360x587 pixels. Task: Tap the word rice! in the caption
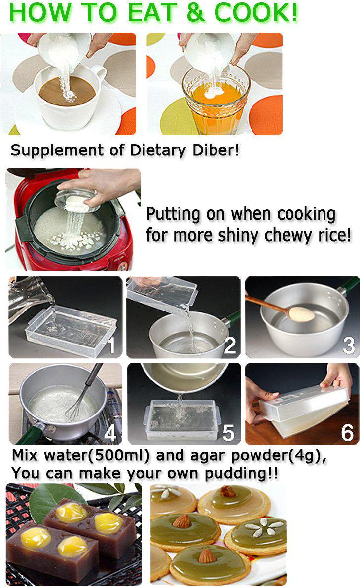click(x=331, y=235)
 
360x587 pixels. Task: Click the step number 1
click(x=111, y=345)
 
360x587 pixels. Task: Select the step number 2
click(x=230, y=345)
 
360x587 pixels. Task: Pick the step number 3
click(x=348, y=345)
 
